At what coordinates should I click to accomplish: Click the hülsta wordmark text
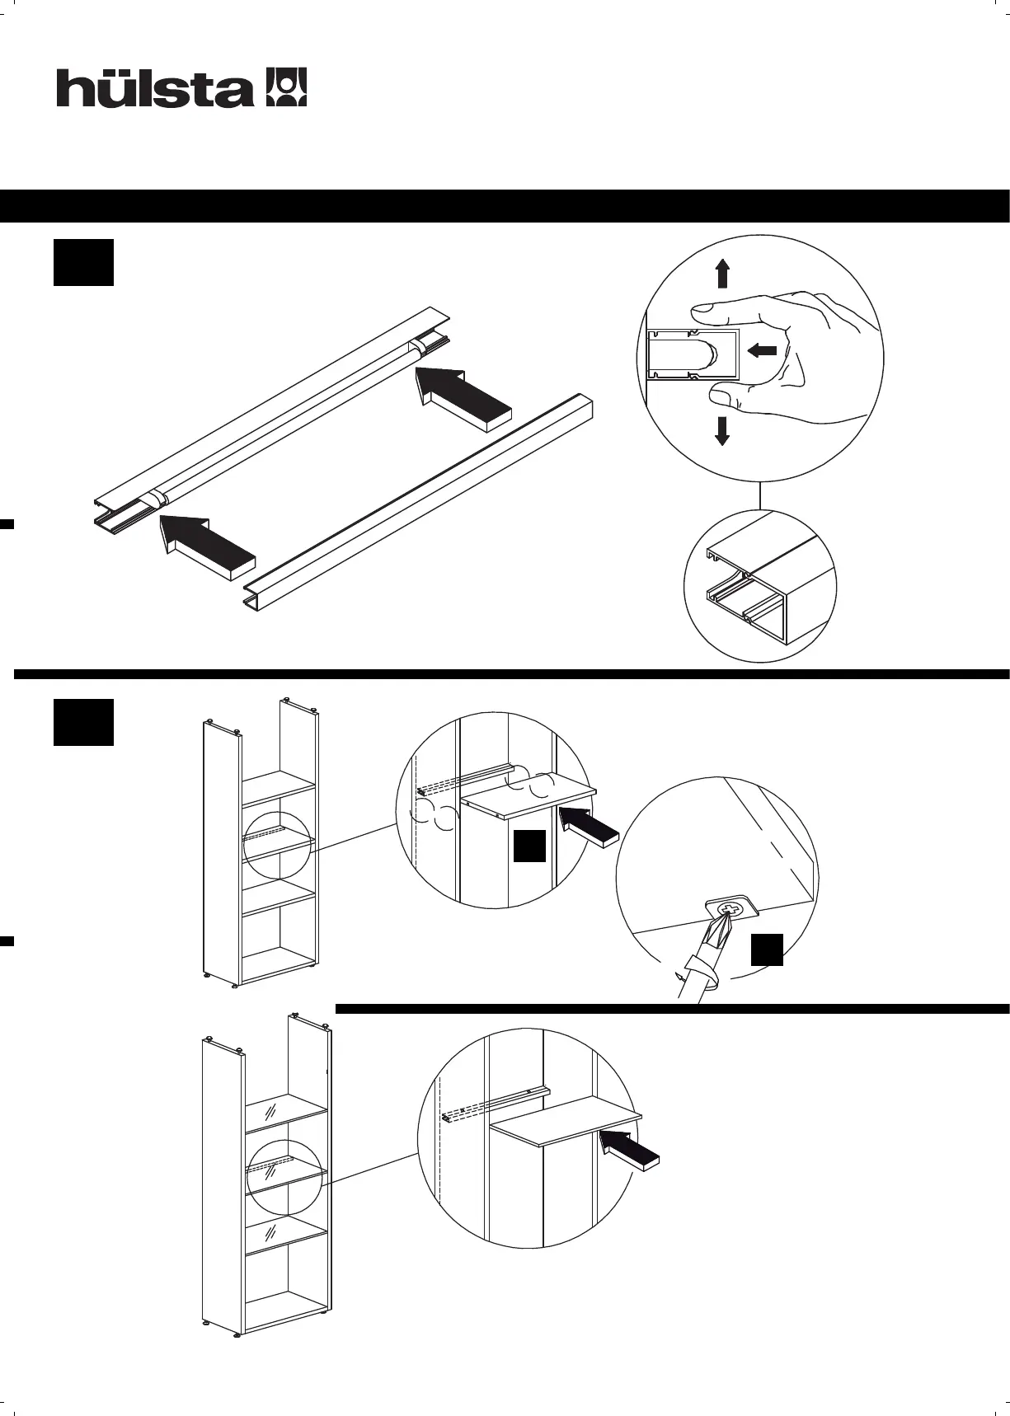(x=154, y=88)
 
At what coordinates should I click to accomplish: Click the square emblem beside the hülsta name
(x=286, y=87)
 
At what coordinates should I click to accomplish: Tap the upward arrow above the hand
(x=722, y=273)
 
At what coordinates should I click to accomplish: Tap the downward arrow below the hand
(x=722, y=430)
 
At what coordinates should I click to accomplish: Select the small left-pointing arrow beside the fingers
(x=762, y=350)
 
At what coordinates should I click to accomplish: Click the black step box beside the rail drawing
(x=83, y=263)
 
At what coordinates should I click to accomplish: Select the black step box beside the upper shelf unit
(x=83, y=722)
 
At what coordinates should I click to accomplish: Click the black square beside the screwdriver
(x=766, y=949)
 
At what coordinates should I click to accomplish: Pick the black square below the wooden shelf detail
(x=529, y=846)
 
